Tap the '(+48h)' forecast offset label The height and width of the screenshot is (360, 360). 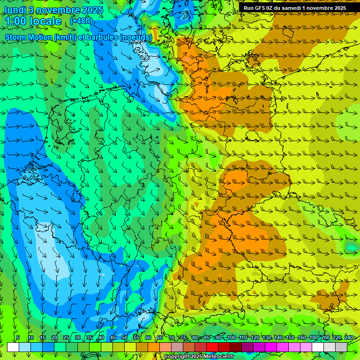click(81, 21)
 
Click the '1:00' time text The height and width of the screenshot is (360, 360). click(16, 21)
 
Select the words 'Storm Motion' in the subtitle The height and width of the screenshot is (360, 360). click(28, 37)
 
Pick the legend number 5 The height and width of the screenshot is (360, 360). click(18, 337)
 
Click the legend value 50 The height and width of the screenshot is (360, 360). click(125, 337)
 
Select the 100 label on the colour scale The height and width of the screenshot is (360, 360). click(232, 337)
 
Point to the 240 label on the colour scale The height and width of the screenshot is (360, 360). click(349, 337)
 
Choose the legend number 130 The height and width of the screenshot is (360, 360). click(267, 337)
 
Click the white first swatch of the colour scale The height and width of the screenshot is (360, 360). click(13, 347)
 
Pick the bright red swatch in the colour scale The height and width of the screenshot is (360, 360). click(212, 347)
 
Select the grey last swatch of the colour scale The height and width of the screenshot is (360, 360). click(341, 347)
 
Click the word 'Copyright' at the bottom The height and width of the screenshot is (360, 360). click(176, 357)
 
